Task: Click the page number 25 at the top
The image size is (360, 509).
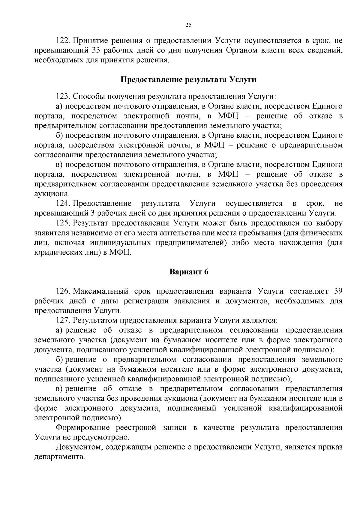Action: tap(188, 25)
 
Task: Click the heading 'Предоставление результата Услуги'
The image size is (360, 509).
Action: tap(188, 80)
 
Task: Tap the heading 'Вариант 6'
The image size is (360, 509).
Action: tap(189, 272)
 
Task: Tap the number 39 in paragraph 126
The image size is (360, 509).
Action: tap(338, 291)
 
